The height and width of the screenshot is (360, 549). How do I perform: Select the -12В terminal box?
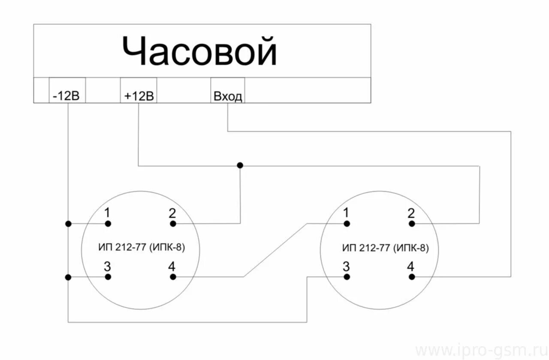click(67, 90)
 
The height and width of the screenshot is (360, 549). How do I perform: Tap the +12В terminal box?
click(139, 90)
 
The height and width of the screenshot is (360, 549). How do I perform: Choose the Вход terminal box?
click(227, 90)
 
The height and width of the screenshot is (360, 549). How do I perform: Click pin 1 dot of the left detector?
click(108, 223)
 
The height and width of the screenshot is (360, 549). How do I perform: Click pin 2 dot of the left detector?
click(173, 223)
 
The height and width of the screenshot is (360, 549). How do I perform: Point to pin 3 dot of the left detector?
click(108, 277)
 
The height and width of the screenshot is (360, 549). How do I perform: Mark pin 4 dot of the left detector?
click(173, 277)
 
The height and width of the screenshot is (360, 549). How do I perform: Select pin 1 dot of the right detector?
click(347, 223)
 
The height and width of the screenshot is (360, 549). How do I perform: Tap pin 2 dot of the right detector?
click(412, 223)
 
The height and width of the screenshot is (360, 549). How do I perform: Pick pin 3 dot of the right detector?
click(347, 277)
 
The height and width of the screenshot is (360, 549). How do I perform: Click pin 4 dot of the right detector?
click(412, 277)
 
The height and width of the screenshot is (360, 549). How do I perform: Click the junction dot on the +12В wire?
click(240, 165)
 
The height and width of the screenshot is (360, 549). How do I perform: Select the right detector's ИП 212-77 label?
click(385, 248)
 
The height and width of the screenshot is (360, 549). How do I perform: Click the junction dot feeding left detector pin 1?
click(68, 223)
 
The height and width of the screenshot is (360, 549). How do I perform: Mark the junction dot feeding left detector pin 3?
click(68, 277)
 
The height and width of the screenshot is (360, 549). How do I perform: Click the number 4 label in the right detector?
click(410, 267)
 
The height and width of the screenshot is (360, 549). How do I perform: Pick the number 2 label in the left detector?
click(172, 213)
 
